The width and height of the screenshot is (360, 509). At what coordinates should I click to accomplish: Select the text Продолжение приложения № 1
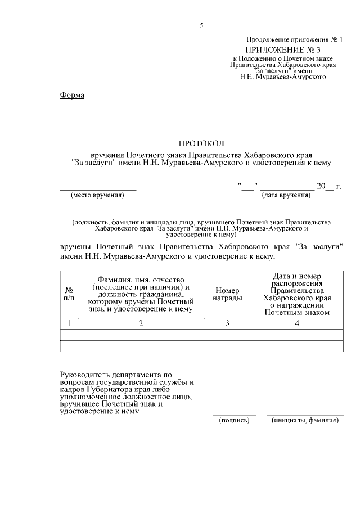coord(294,40)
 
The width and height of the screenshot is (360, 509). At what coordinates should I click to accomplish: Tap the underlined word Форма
coord(72,95)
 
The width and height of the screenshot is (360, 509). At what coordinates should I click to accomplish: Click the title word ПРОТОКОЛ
coord(201,144)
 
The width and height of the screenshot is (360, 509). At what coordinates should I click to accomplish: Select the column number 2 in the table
coord(141,323)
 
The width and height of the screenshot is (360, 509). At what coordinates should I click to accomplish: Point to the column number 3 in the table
coord(227,323)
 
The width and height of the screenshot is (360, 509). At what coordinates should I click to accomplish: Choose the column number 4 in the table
coord(296,323)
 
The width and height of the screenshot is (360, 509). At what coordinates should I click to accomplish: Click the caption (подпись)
coord(234,420)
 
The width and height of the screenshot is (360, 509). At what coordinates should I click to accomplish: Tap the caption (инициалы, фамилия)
coord(305,420)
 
